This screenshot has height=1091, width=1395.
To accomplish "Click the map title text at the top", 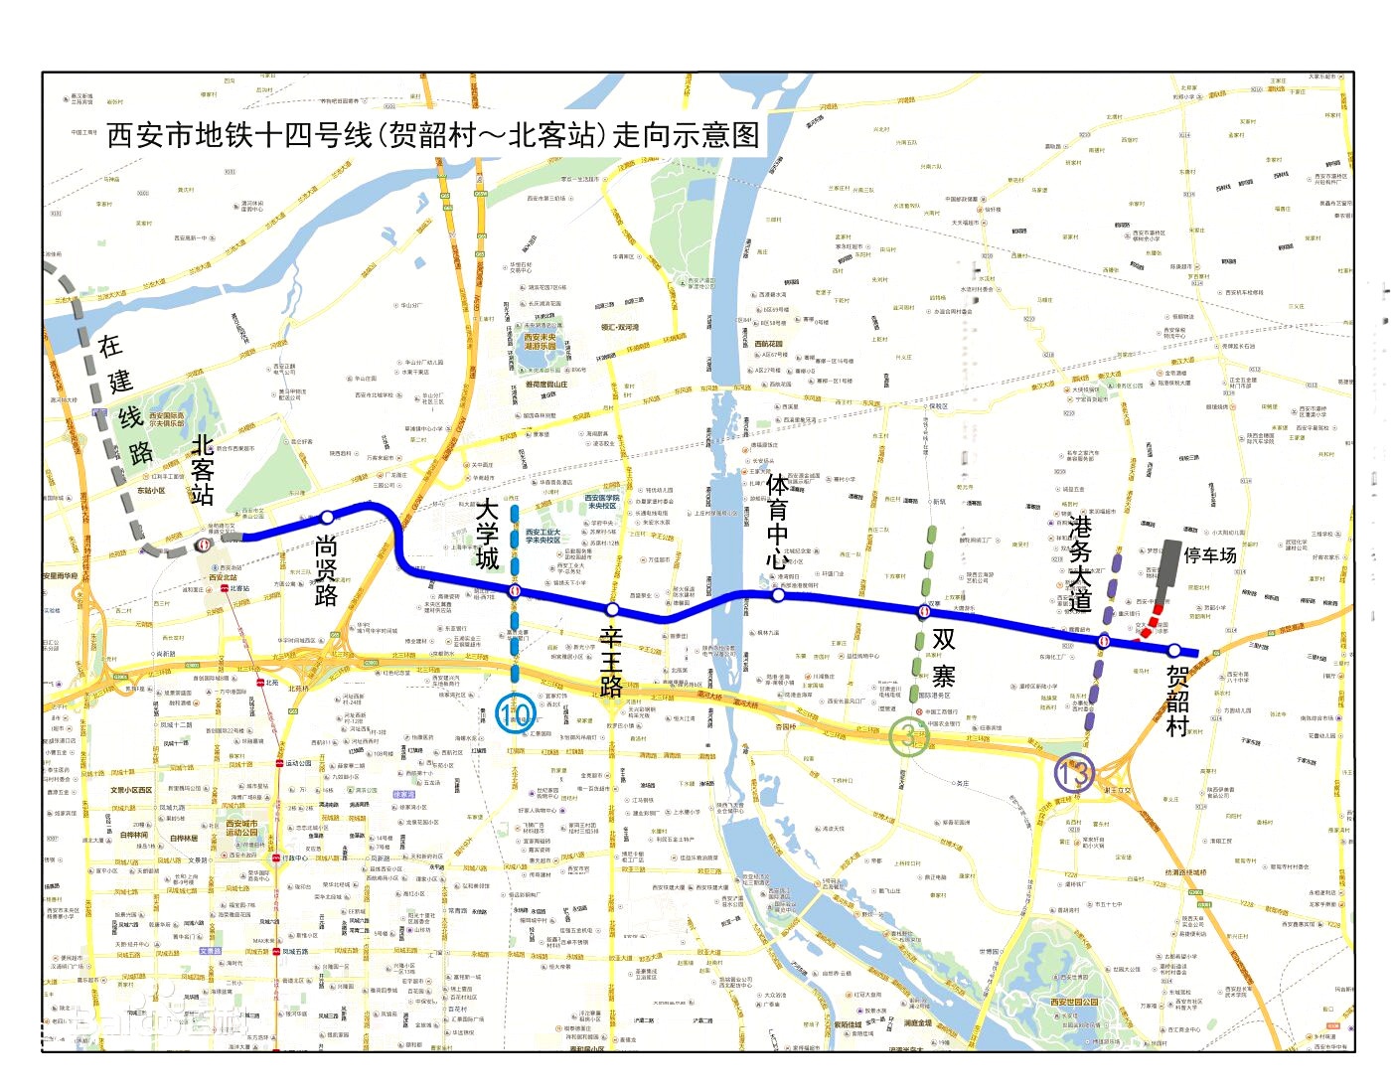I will [432, 135].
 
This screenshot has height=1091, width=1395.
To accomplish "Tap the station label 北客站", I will [203, 469].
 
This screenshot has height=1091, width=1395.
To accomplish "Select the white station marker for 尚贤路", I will [327, 518].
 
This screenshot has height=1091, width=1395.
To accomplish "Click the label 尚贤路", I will [326, 570].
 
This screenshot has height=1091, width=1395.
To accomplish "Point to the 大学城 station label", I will [487, 534].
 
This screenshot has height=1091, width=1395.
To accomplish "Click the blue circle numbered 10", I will [515, 713].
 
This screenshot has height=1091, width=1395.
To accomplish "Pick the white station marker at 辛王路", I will [612, 609].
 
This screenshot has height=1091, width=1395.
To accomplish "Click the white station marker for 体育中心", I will [777, 594].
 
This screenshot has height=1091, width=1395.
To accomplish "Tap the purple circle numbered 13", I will [1075, 772].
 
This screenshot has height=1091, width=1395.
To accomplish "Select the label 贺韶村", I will [1177, 701].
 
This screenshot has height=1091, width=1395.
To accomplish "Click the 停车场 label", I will [1210, 555].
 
